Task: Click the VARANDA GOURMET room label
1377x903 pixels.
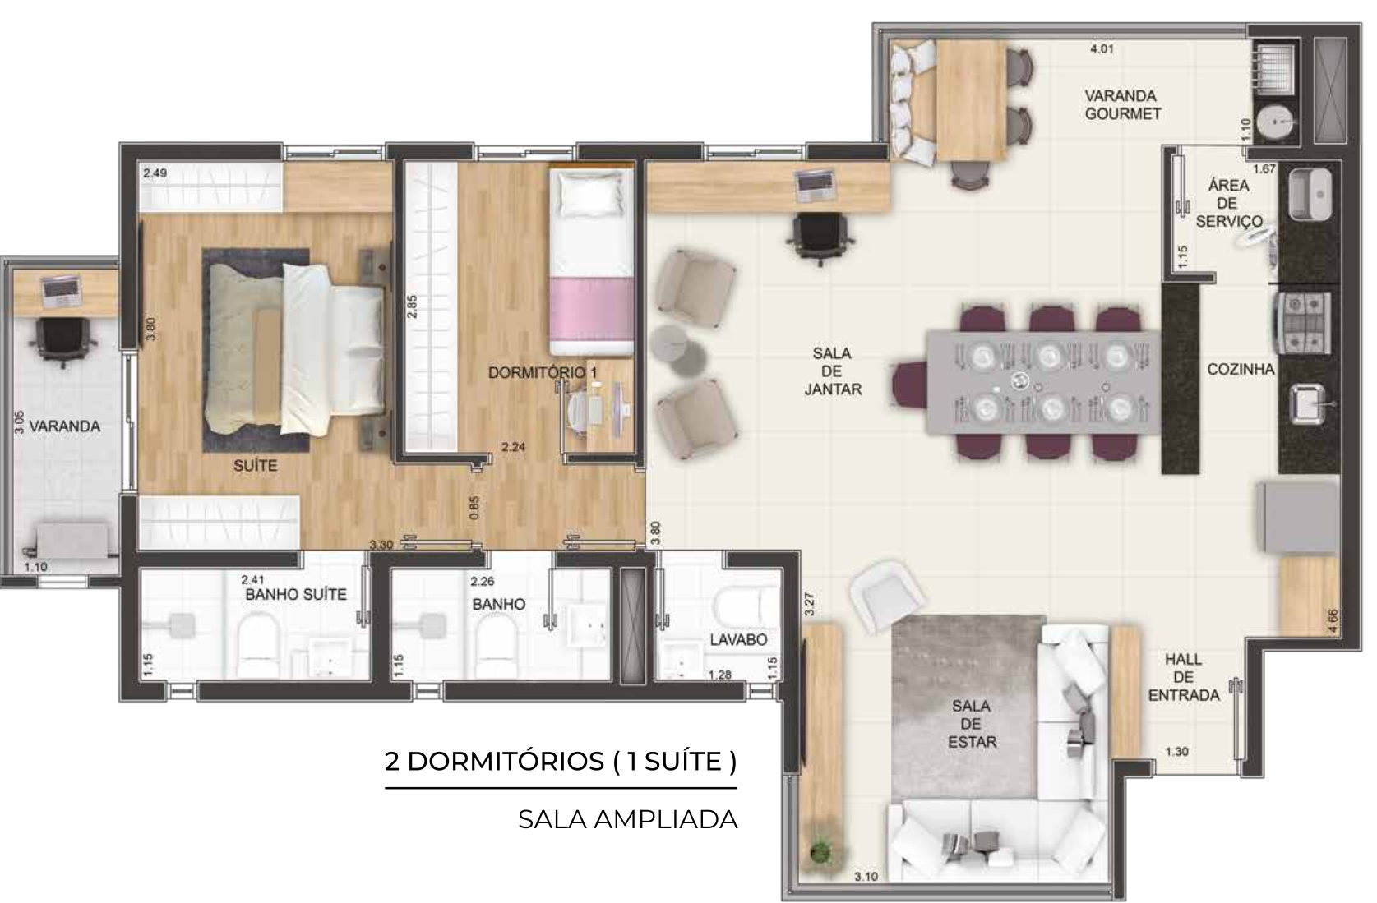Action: (1122, 105)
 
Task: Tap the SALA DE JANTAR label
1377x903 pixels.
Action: (832, 371)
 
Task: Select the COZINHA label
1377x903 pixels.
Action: (1241, 369)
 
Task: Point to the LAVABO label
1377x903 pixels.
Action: (738, 639)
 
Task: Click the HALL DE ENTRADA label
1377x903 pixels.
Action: (1184, 678)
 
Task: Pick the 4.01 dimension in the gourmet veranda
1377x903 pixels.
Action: (1102, 49)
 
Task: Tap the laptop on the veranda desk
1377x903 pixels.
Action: (61, 291)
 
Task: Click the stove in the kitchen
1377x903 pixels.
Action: (1305, 322)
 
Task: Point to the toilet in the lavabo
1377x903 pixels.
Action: (746, 605)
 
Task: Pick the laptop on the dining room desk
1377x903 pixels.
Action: (816, 186)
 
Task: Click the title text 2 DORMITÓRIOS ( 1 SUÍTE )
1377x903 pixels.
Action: (561, 762)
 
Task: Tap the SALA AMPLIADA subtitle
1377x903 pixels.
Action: (627, 819)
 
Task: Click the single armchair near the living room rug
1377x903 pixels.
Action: (887, 597)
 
